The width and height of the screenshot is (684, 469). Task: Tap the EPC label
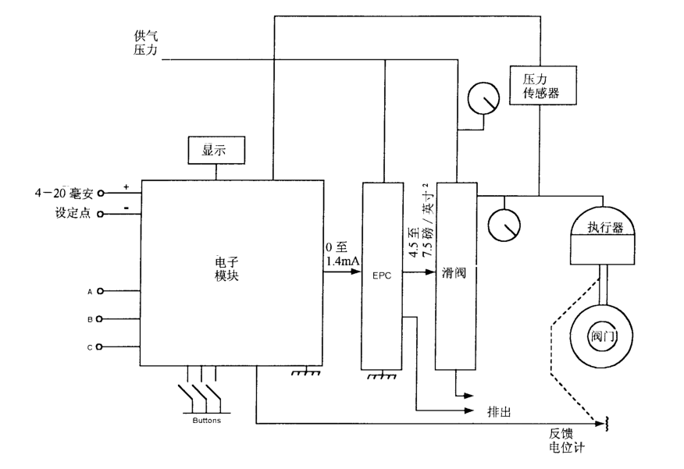click(x=382, y=275)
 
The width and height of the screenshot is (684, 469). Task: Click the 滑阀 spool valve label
click(x=455, y=275)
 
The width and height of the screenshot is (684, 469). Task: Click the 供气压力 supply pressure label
click(x=146, y=43)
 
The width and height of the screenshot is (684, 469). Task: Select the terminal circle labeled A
click(x=99, y=292)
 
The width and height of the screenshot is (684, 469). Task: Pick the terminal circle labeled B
click(x=99, y=320)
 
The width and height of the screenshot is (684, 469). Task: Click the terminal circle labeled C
click(x=99, y=347)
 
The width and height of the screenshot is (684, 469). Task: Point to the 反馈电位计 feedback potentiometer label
click(x=567, y=440)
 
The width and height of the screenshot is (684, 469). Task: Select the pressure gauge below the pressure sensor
click(x=483, y=98)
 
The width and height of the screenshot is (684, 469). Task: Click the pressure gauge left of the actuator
click(x=504, y=225)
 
